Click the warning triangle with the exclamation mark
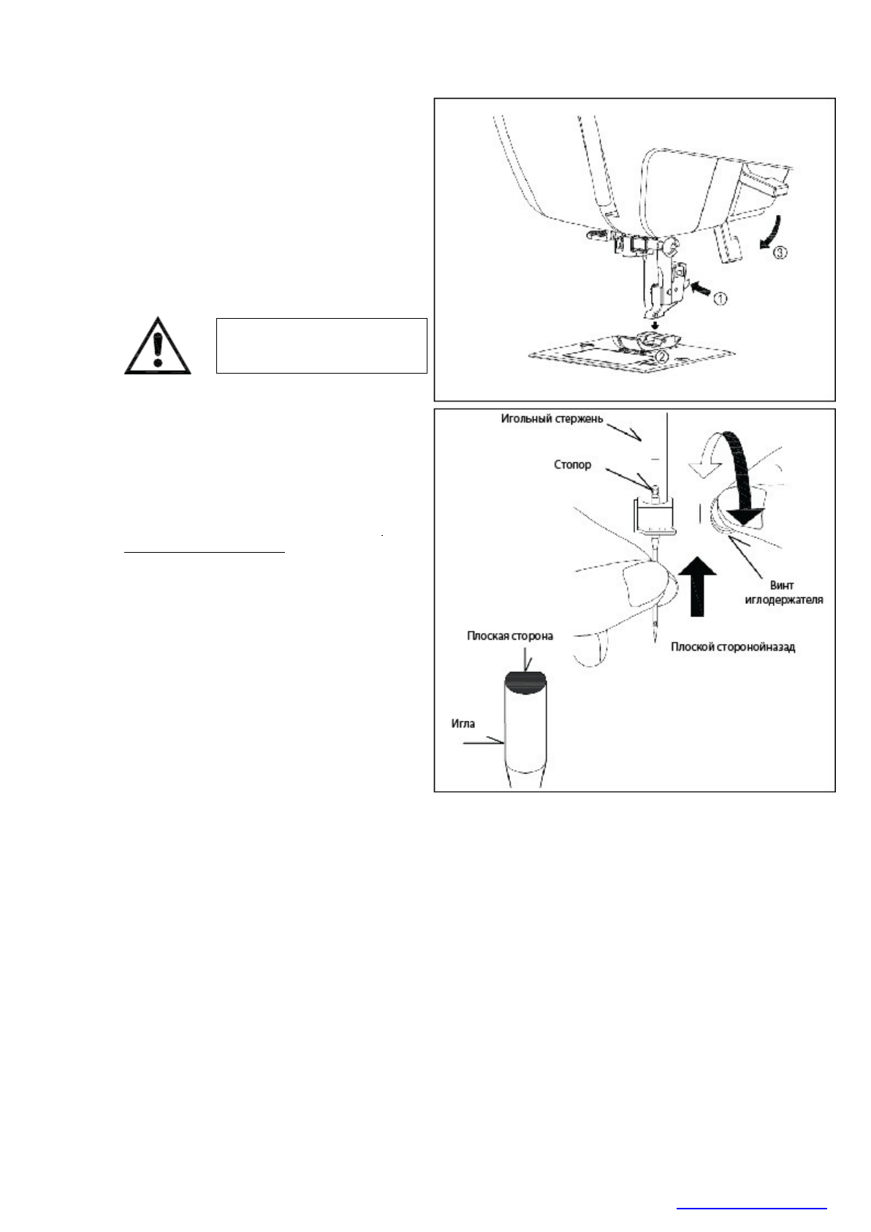pyautogui.click(x=157, y=347)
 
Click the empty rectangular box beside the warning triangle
pyautogui.click(x=322, y=346)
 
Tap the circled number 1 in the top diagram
pyautogui.click(x=720, y=298)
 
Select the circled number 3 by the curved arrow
pyautogui.click(x=781, y=252)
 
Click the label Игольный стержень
pyautogui.click(x=552, y=419)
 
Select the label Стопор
pyautogui.click(x=572, y=465)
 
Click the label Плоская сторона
pyautogui.click(x=510, y=635)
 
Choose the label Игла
pyautogui.click(x=463, y=723)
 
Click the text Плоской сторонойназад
pyautogui.click(x=733, y=647)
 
